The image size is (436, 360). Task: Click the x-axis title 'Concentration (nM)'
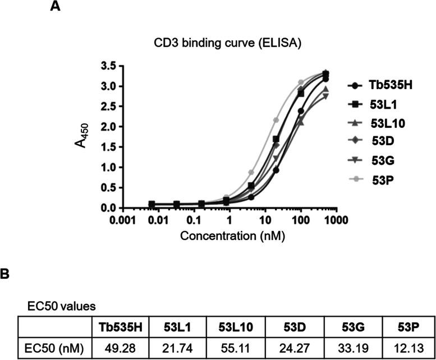pos(232,236)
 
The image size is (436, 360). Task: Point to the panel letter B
pos(4,276)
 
